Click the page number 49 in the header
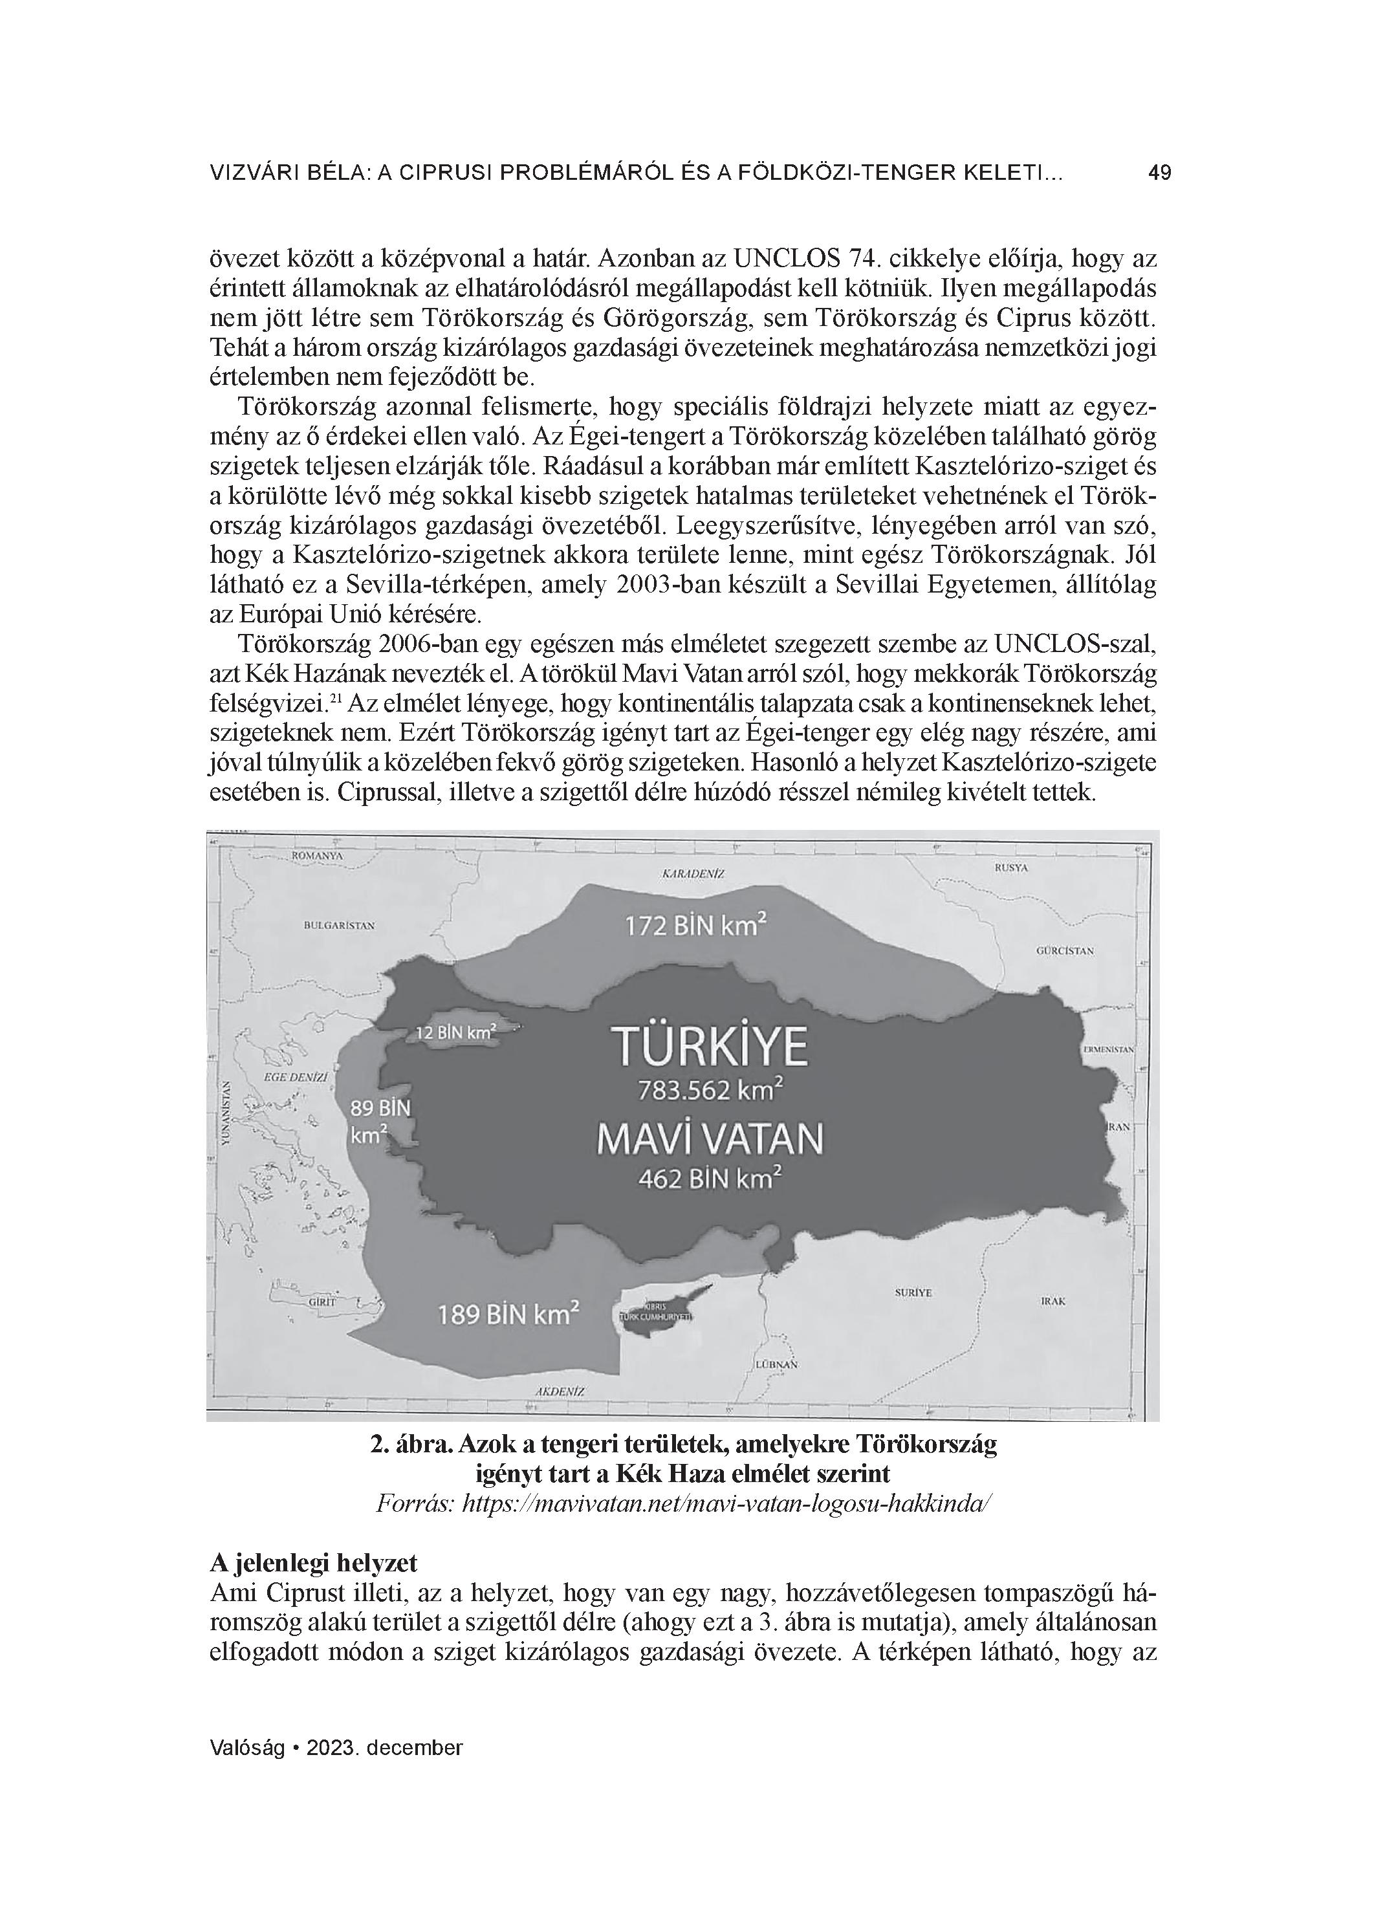pyautogui.click(x=1159, y=173)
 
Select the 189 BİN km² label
pyautogui.click(x=508, y=1314)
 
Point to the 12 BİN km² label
pyautogui.click(x=455, y=1031)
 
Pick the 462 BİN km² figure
pyautogui.click(x=710, y=1179)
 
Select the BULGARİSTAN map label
pyautogui.click(x=339, y=925)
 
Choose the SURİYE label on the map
pyautogui.click(x=913, y=1292)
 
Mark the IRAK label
pyautogui.click(x=1053, y=1300)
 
